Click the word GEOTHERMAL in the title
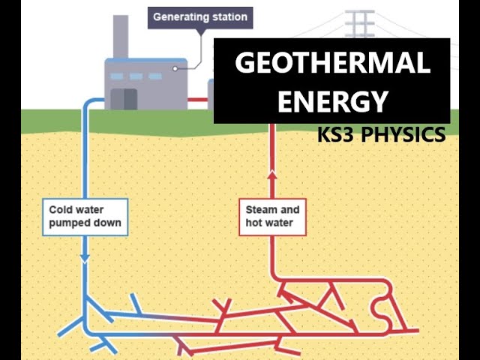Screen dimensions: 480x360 (x=332, y=64)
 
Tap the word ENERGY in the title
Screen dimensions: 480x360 (x=332, y=100)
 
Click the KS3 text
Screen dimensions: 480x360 (x=335, y=135)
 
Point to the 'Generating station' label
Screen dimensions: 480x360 (x=199, y=16)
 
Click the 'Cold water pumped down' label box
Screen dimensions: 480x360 (x=84, y=216)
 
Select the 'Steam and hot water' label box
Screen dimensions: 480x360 (x=271, y=216)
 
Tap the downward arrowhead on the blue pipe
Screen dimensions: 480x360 (x=85, y=257)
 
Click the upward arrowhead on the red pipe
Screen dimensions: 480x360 (x=272, y=175)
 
